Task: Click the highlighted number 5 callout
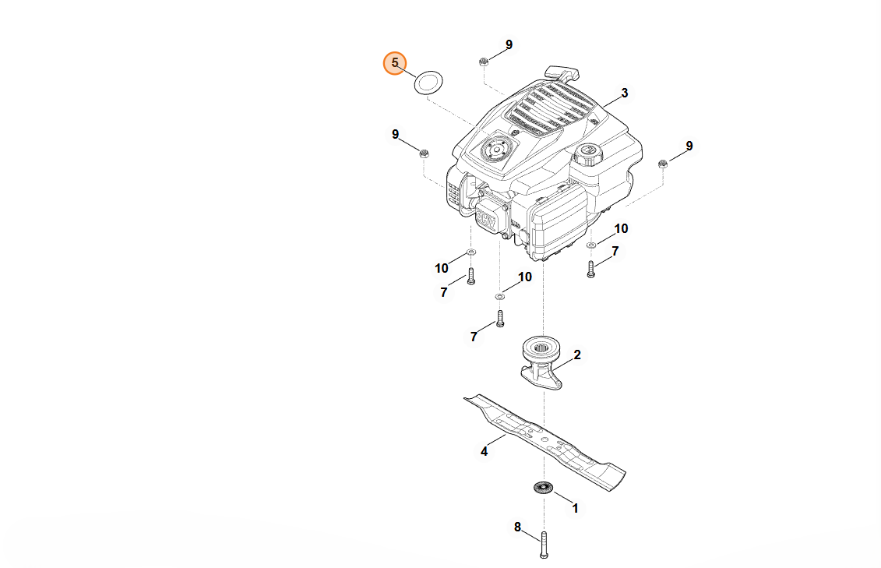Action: pos(394,63)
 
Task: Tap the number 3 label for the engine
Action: pos(625,93)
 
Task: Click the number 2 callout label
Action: pos(577,355)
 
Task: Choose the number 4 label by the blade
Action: pos(484,451)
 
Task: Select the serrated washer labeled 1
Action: pos(542,488)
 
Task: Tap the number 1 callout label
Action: pos(576,508)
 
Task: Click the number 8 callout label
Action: pos(517,527)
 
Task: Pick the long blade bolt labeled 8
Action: pos(543,545)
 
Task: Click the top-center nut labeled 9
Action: pos(483,60)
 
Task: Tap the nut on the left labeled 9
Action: pos(424,153)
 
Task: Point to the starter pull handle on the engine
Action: pos(562,74)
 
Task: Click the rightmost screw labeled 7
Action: pos(590,270)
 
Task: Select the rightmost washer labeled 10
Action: pos(591,245)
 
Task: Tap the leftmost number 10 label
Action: pos(442,268)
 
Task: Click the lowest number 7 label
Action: pos(473,337)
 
